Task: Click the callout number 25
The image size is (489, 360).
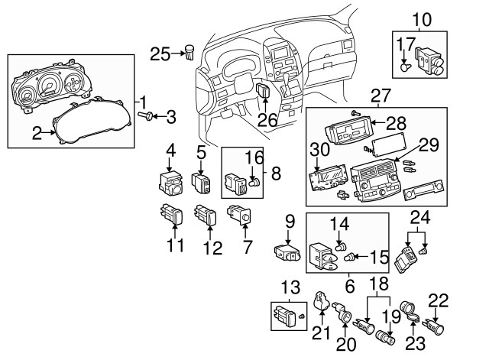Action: [x=160, y=54]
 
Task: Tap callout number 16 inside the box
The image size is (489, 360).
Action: [x=253, y=157]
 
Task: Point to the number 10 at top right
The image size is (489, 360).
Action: [x=423, y=18]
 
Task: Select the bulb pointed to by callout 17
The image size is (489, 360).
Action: [x=404, y=66]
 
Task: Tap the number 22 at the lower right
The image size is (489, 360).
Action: [x=439, y=300]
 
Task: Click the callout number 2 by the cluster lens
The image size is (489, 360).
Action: [x=37, y=134]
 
